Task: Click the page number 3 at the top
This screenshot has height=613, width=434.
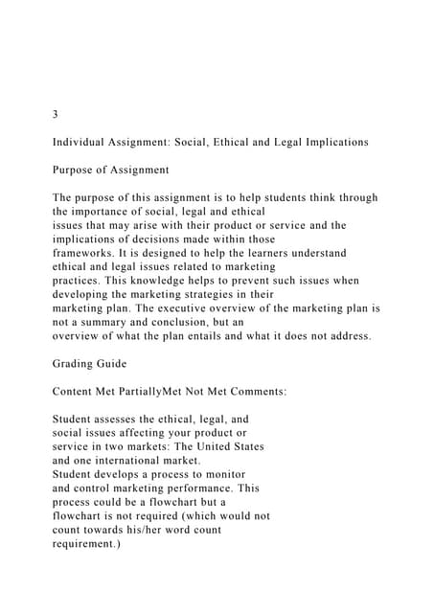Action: pos(56,114)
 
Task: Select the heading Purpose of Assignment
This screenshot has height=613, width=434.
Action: pos(111,170)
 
